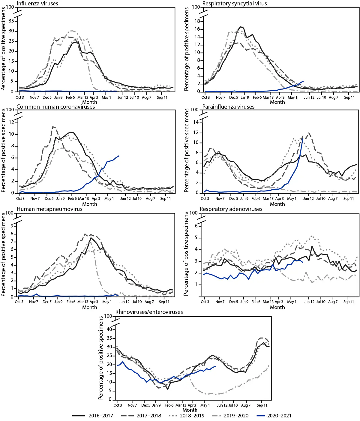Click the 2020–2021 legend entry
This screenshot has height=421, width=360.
279,416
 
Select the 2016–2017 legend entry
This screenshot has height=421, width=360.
101,416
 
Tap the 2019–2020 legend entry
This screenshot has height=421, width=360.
236,416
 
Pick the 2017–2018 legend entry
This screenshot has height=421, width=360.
149,416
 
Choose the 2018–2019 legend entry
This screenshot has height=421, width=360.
192,416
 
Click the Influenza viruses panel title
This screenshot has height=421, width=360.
37,4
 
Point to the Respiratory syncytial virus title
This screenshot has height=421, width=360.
234,4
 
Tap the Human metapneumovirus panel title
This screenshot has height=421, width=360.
49,209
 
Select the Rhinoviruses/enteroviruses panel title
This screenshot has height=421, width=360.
149,312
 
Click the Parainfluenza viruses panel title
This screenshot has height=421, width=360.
228,107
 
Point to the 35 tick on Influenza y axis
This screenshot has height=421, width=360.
11,21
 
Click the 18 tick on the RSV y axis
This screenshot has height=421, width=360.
197,21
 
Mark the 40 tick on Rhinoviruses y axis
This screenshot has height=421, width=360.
109,329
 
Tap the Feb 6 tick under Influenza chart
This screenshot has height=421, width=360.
70,97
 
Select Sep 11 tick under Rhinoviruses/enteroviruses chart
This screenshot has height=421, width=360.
262,405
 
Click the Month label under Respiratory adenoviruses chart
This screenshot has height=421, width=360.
277,307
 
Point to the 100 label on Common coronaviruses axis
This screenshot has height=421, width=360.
10,110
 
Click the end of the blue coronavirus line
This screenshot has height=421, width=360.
119,156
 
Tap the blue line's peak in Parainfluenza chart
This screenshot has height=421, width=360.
303,138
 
